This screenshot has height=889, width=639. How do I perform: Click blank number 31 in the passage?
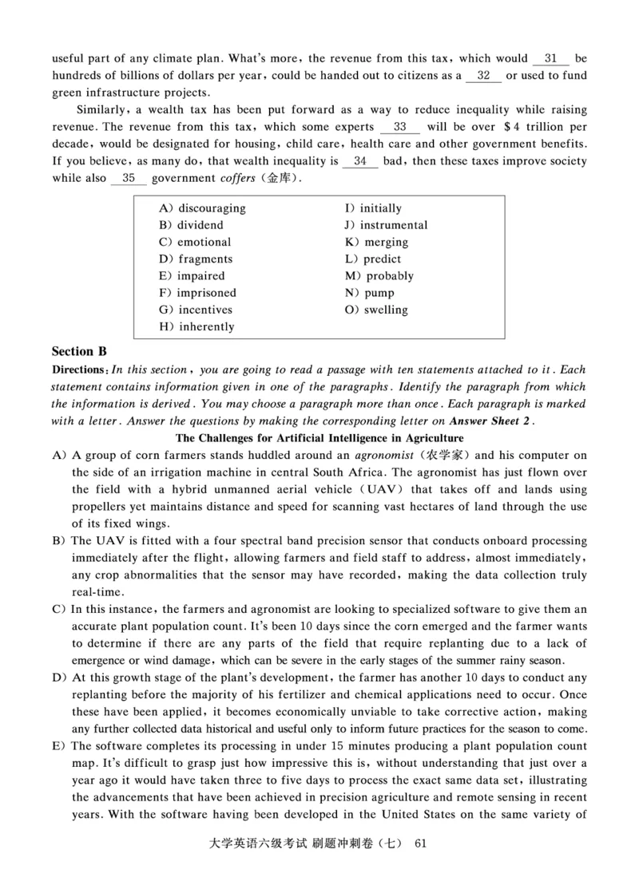pos(550,58)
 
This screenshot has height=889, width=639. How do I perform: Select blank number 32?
pos(483,76)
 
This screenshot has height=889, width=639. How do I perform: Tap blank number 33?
pos(400,127)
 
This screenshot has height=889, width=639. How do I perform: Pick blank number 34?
pos(359,161)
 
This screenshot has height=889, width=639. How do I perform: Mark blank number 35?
pos(129,178)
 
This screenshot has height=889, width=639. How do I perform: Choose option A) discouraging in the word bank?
pos(202,208)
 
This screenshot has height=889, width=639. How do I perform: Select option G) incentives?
pos(196,310)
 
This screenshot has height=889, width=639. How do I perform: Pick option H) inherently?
pos(196,326)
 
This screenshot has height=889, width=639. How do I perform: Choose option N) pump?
pos(370,293)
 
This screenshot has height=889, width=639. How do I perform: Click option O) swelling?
pos(376,310)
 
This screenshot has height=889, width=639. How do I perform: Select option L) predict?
pos(373,259)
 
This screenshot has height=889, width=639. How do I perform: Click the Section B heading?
pos(79,351)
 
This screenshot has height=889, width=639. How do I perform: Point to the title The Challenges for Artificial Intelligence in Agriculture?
pos(319,438)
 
